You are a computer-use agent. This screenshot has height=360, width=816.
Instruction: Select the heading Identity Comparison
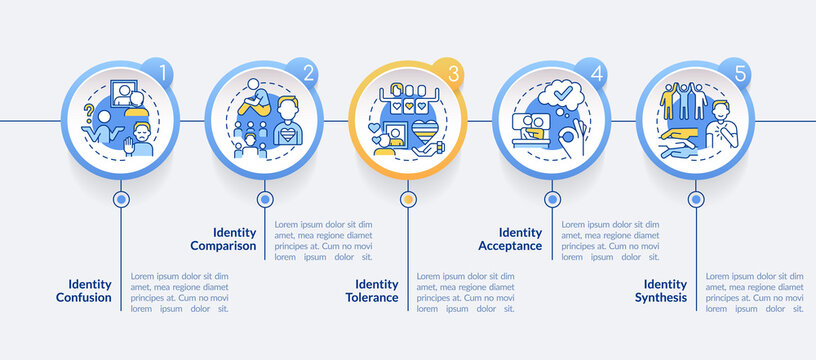point(222,238)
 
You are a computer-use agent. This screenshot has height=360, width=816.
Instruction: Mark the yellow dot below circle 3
point(407,199)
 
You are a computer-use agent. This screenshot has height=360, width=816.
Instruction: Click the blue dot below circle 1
point(122,199)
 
